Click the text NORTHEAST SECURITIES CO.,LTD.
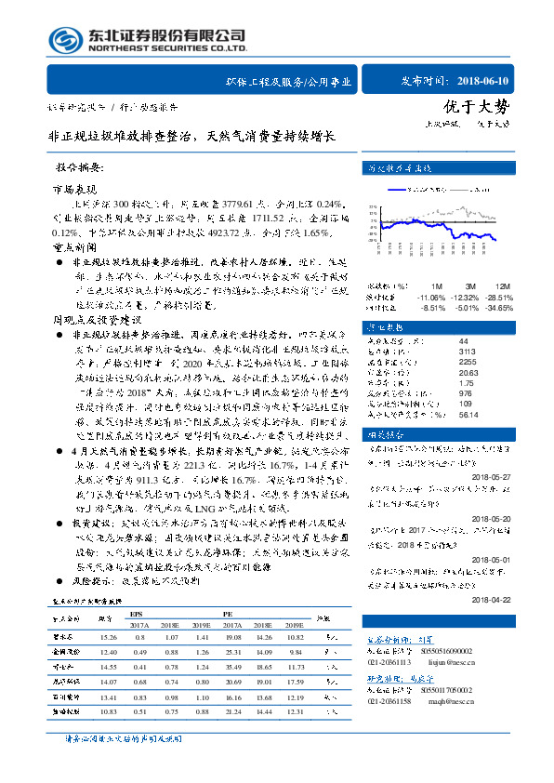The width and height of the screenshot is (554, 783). (x=167, y=48)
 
